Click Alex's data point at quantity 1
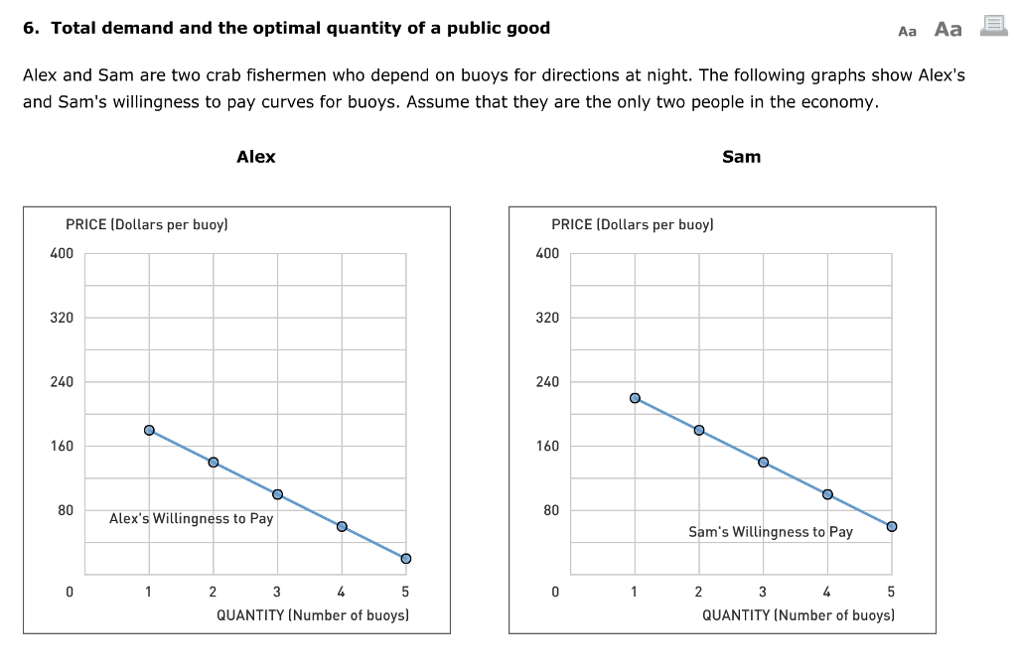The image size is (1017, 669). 149,430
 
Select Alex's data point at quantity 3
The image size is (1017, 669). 277,494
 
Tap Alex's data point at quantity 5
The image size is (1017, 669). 405,559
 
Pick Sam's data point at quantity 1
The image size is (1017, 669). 635,398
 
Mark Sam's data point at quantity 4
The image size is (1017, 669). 827,494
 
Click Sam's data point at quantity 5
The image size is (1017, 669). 891,526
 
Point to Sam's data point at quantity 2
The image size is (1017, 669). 699,430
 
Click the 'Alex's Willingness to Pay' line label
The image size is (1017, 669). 191,518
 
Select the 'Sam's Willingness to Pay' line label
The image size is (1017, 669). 770,532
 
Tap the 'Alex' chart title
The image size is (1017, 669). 256,157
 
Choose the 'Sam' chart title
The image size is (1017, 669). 741,157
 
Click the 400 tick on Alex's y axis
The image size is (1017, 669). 62,254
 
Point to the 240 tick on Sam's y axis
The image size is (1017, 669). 547,382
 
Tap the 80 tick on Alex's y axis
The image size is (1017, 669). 65,510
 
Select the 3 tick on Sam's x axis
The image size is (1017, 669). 763,593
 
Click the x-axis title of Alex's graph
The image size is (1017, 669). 313,615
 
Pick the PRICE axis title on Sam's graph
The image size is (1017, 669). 632,224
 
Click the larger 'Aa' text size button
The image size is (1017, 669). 947,30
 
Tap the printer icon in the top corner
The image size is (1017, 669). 993,27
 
